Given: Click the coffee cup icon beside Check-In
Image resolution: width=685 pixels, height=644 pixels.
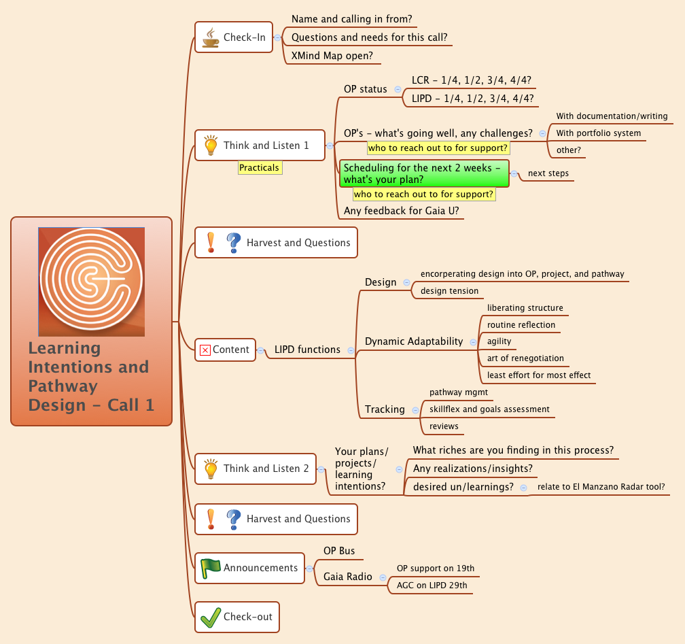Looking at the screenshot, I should click(x=211, y=37).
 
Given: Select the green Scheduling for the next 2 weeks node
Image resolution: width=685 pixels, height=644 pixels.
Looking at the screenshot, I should click(x=424, y=173).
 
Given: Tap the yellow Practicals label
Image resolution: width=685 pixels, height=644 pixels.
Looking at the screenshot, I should click(x=259, y=167).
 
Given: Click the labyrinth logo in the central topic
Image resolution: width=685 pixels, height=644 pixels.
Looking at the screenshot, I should click(x=91, y=282).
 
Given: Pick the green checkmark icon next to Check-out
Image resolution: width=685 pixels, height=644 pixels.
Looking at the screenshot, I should click(x=210, y=617).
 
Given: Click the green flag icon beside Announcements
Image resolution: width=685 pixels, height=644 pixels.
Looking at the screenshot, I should click(x=210, y=568).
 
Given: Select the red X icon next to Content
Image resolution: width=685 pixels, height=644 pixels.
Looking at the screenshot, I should click(x=205, y=350).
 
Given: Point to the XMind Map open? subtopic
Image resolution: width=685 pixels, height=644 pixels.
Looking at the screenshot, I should click(x=332, y=56).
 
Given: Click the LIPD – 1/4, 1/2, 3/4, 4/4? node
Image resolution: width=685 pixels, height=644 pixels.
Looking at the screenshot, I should click(x=472, y=99).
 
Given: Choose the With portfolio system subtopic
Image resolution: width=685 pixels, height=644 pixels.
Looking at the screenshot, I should click(x=598, y=133).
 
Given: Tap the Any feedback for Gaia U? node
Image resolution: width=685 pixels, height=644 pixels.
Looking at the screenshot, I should click(x=401, y=211).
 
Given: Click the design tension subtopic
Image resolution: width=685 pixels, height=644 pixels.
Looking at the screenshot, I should click(x=449, y=291).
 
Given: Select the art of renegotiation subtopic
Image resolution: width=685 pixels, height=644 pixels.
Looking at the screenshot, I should click(x=525, y=358).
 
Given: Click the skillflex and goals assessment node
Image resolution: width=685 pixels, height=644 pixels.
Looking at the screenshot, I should click(x=489, y=409).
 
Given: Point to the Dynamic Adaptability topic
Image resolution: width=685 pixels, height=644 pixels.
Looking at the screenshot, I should click(x=413, y=341).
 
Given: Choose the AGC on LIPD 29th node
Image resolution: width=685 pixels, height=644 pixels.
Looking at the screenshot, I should click(x=432, y=586).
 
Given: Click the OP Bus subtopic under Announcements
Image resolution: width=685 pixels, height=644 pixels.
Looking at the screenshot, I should click(x=338, y=551).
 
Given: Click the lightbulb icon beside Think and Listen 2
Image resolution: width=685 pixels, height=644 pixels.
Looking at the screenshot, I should click(x=211, y=469).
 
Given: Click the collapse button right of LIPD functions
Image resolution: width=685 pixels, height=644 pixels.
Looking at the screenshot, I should click(x=351, y=350).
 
